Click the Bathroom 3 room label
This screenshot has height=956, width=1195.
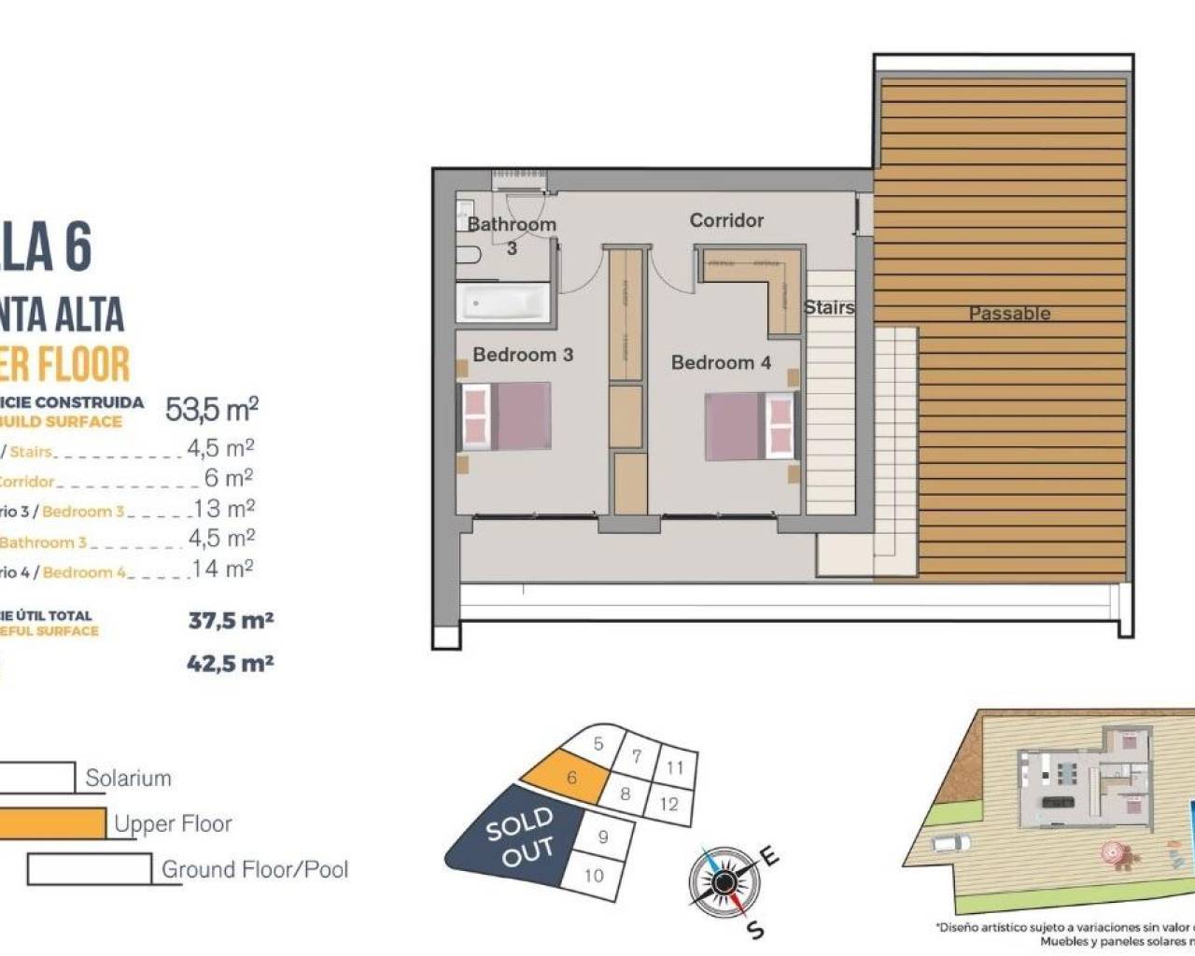click(x=512, y=225)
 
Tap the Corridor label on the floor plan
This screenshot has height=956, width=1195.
click(x=726, y=220)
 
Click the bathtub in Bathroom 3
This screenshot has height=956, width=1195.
click(x=503, y=303)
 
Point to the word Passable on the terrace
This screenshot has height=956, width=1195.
click(x=1009, y=314)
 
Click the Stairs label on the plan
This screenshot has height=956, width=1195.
click(x=829, y=307)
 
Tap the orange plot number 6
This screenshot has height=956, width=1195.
click(x=571, y=778)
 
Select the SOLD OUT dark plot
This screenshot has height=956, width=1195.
click(x=519, y=836)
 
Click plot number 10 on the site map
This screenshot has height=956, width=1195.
click(x=594, y=876)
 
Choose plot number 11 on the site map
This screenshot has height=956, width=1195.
click(x=674, y=767)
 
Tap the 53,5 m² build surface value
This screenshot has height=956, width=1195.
click(x=212, y=409)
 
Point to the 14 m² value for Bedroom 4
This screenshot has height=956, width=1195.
click(x=222, y=569)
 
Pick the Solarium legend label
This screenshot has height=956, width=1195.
click(x=128, y=778)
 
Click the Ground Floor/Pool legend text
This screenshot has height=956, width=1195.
click(x=255, y=869)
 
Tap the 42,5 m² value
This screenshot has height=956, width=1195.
click(x=230, y=664)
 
